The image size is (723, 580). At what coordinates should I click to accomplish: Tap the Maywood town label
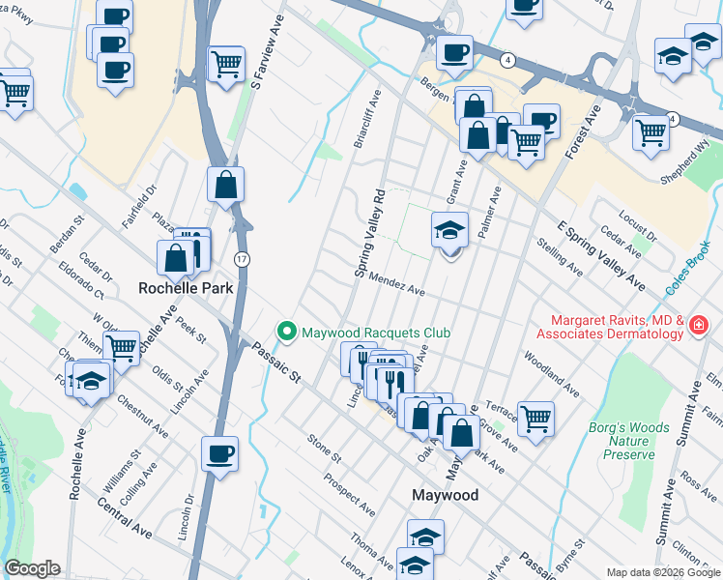point(445,494)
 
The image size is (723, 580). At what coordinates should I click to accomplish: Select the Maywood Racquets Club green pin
point(286,332)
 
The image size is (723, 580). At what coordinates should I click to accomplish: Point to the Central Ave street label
point(125,515)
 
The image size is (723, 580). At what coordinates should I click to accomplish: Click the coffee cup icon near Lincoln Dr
point(219,452)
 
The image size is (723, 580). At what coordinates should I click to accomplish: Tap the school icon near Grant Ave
point(449,230)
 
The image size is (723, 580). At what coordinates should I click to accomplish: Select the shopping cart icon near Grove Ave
point(535,418)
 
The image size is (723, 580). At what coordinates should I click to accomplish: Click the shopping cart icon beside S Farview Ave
point(226,64)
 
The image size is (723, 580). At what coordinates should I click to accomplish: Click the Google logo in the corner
point(32,568)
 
